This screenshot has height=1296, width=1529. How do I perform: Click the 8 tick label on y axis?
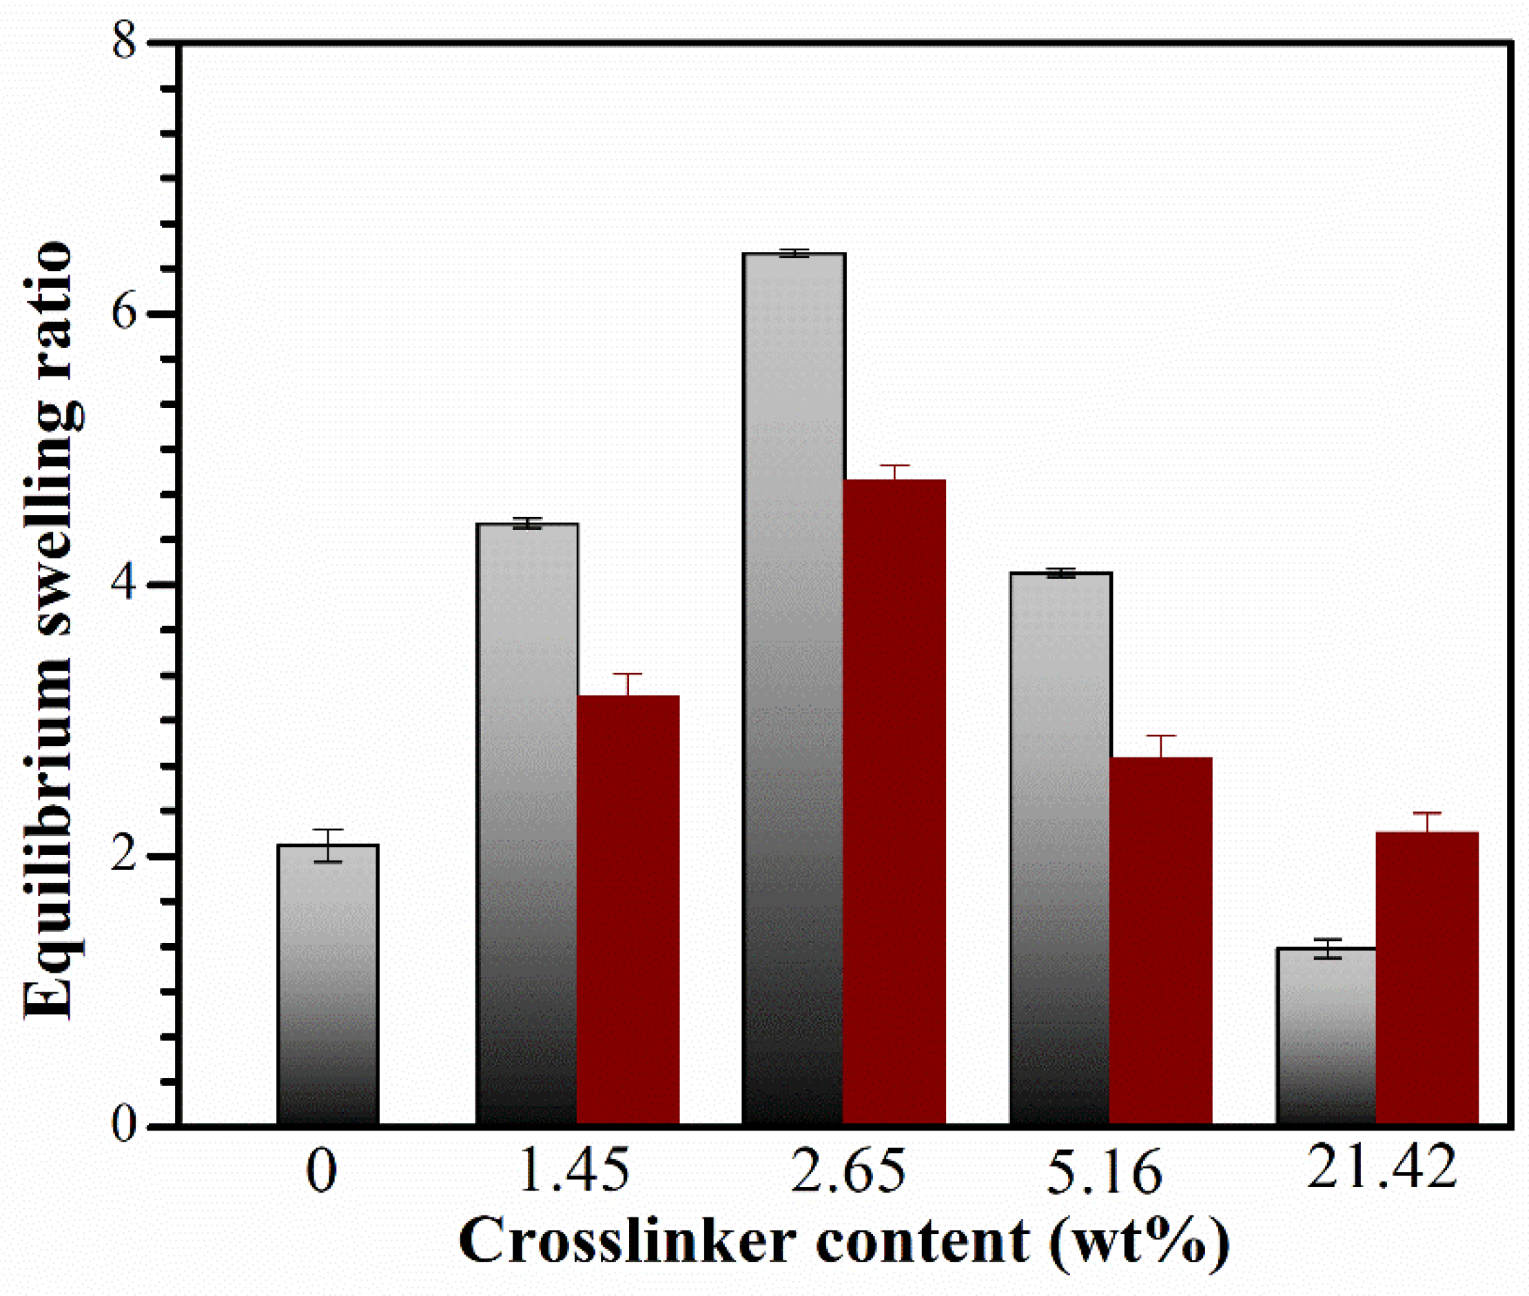coord(125,43)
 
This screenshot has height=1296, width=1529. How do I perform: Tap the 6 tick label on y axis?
coord(125,314)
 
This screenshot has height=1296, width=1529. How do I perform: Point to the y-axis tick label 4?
coord(125,585)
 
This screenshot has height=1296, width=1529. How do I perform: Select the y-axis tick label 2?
coord(125,857)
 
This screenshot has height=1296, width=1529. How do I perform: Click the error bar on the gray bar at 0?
coord(327,845)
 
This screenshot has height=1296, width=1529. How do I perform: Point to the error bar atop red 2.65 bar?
coord(894,472)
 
